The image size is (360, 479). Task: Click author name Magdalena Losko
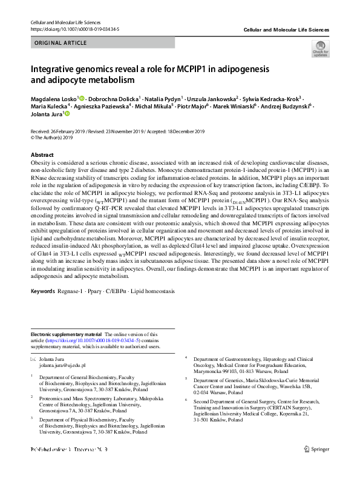[x=53, y=98]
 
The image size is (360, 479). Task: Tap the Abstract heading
[x=42, y=155]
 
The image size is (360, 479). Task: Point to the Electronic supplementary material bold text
[x=66, y=334]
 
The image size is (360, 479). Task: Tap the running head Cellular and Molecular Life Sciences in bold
[x=286, y=29]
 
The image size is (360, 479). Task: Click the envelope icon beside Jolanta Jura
[x=33, y=360]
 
